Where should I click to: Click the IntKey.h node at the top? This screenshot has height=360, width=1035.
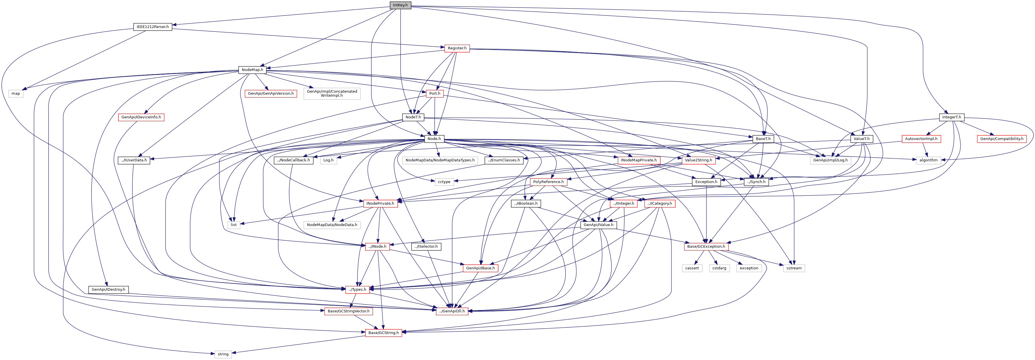point(400,5)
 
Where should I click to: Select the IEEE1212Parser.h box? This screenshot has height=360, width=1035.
point(153,27)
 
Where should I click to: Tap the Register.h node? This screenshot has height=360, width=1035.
point(457,48)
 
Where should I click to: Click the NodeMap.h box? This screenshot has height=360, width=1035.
point(252,70)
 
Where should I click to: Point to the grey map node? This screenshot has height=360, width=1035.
point(16,94)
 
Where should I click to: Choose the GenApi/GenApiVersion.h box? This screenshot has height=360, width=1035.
point(271,94)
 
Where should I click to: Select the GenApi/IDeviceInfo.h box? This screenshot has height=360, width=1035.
point(141,117)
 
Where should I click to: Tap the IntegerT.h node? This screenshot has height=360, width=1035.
point(951,117)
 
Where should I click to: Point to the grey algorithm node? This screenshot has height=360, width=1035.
point(929,160)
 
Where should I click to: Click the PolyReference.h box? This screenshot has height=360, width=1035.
point(549,182)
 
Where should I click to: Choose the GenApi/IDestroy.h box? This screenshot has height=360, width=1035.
point(108,290)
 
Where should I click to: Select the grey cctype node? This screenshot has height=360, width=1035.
point(444,182)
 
